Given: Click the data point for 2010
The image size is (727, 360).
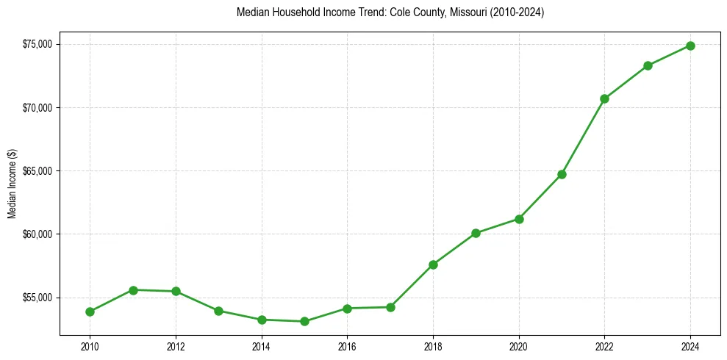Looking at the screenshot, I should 90,312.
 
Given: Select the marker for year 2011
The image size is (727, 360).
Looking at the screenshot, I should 133,290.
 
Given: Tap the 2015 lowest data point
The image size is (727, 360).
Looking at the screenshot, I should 304,321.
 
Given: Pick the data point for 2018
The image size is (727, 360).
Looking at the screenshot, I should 433,264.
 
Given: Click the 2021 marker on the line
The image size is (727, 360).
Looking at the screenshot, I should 562,174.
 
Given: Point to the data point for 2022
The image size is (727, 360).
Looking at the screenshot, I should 604,98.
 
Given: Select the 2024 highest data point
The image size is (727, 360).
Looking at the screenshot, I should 690,46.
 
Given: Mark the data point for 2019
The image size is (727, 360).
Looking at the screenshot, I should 476,233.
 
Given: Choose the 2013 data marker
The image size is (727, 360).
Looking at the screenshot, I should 218,311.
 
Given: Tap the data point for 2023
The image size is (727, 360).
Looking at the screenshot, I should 648,65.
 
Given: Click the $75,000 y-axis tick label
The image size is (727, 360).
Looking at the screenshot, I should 37,44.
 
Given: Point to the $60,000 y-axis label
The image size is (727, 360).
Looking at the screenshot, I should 37,234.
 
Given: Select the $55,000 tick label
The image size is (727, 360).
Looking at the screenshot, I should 37,298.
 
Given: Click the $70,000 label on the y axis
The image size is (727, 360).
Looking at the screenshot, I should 37,108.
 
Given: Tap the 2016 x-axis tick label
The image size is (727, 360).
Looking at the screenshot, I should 347,346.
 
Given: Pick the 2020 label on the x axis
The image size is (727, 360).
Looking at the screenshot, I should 519,346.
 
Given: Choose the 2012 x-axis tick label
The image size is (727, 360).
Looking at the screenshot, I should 176,346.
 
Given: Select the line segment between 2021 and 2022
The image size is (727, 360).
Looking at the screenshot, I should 583,137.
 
